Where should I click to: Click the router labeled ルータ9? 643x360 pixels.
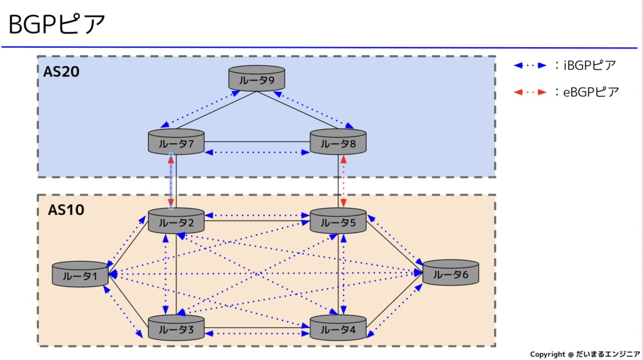256,79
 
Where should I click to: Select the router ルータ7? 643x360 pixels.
176,143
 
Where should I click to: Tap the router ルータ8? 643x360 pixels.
338,143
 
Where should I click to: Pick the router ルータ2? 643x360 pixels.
176,221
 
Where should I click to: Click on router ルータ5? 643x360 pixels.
338,221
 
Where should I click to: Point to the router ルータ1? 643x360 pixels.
80,275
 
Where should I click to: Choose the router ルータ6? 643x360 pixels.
451,274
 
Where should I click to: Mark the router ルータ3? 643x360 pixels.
176,328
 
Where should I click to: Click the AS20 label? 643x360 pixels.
61,72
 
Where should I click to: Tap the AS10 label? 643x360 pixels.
66,210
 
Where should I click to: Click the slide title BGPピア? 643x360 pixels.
57,25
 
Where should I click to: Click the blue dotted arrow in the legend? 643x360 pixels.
529,65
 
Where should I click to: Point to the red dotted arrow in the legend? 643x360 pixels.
529,92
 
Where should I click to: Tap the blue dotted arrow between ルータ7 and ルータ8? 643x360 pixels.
257,153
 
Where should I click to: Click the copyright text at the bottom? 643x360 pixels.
585,354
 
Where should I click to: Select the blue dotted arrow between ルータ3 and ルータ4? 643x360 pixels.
257,333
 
